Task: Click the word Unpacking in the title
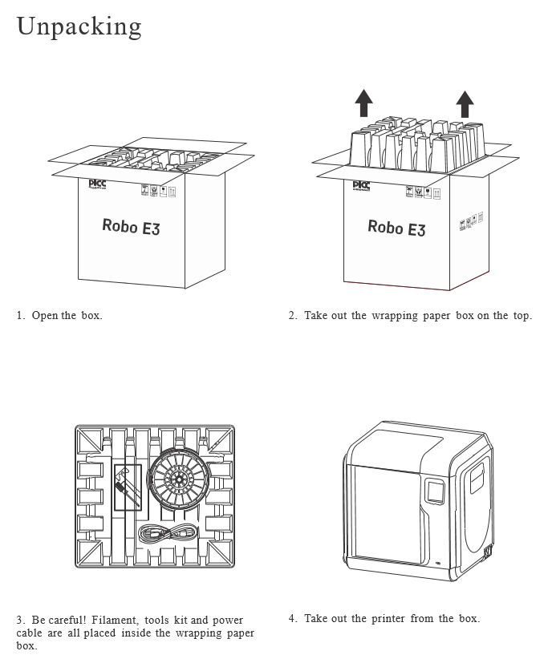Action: point(79,26)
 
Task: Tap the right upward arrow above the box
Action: point(465,104)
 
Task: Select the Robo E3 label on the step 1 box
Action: point(131,226)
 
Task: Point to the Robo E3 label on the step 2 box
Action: point(396,228)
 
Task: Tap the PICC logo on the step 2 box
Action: point(362,186)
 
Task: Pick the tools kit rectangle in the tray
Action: point(128,487)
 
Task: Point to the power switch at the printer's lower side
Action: point(487,552)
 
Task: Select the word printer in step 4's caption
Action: point(388,618)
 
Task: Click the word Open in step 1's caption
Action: point(45,315)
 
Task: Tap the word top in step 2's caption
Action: point(522,315)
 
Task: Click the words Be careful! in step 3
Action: point(59,620)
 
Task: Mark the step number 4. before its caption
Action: point(293,618)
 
